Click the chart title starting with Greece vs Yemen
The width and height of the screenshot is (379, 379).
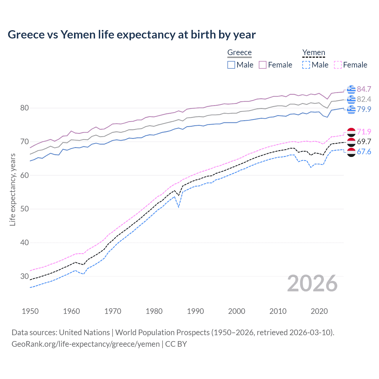coord(131,35)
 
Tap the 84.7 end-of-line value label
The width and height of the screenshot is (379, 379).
coord(364,89)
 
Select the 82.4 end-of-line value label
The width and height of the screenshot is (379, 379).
coord(364,99)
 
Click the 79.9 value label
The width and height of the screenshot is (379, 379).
coord(364,109)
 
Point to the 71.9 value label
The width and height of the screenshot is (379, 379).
coord(364,132)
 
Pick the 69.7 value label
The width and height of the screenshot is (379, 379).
coord(364,142)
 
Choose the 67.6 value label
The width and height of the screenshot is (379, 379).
coord(364,152)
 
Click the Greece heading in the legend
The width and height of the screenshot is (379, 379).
coord(239,52)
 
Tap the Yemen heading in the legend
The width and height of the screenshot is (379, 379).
coord(314,52)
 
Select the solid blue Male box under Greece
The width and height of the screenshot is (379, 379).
coord(231,65)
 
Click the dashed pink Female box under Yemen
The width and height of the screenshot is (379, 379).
coord(338,65)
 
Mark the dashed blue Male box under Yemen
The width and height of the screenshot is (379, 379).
coord(306,65)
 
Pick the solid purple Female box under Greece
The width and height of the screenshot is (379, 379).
coord(263,65)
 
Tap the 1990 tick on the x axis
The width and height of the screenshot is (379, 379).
coord(195,311)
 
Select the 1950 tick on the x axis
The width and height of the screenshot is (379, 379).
coord(30,311)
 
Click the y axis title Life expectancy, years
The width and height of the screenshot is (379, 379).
coord(12,189)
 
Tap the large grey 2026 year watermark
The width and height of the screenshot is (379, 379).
coord(312,283)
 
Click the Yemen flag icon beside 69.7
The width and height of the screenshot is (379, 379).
coord(351,142)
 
